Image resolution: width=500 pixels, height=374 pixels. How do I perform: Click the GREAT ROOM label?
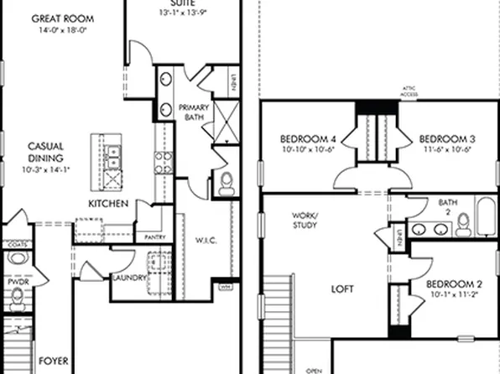pos(63,18)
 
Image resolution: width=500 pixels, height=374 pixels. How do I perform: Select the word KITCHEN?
pos(108,204)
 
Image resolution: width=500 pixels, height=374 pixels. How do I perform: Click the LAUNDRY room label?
pos(129,278)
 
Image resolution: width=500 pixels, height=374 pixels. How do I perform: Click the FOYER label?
pos(53,363)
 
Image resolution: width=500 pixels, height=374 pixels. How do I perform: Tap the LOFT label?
pos(341,288)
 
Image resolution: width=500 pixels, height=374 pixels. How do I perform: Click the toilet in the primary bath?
pos(225,184)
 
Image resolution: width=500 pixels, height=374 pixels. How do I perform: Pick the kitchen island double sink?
pos(112,154)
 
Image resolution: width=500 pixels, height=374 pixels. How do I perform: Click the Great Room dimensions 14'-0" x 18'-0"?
pos(63,29)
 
